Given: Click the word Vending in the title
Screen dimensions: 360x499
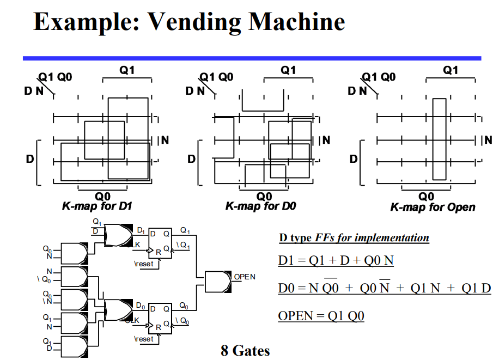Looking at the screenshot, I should (193, 22).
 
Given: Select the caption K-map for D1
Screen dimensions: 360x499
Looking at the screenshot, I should (97, 206).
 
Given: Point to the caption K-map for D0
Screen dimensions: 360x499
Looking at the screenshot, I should (260, 206).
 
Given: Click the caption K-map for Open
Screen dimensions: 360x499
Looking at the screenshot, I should (433, 207).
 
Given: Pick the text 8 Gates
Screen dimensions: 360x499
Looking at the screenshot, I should (245, 350).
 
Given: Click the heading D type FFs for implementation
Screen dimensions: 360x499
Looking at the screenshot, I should (354, 238).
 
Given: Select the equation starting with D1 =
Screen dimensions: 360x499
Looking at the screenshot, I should (336, 260).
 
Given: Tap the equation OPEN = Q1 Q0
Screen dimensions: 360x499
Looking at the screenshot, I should (321, 316).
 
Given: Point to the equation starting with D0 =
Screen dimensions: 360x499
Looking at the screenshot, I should (384, 288).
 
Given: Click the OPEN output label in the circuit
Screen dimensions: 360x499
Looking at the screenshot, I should (245, 277).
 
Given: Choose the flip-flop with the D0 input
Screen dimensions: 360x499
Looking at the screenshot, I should (160, 318).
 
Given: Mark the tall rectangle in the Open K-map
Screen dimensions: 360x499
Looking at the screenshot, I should (439, 139).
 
